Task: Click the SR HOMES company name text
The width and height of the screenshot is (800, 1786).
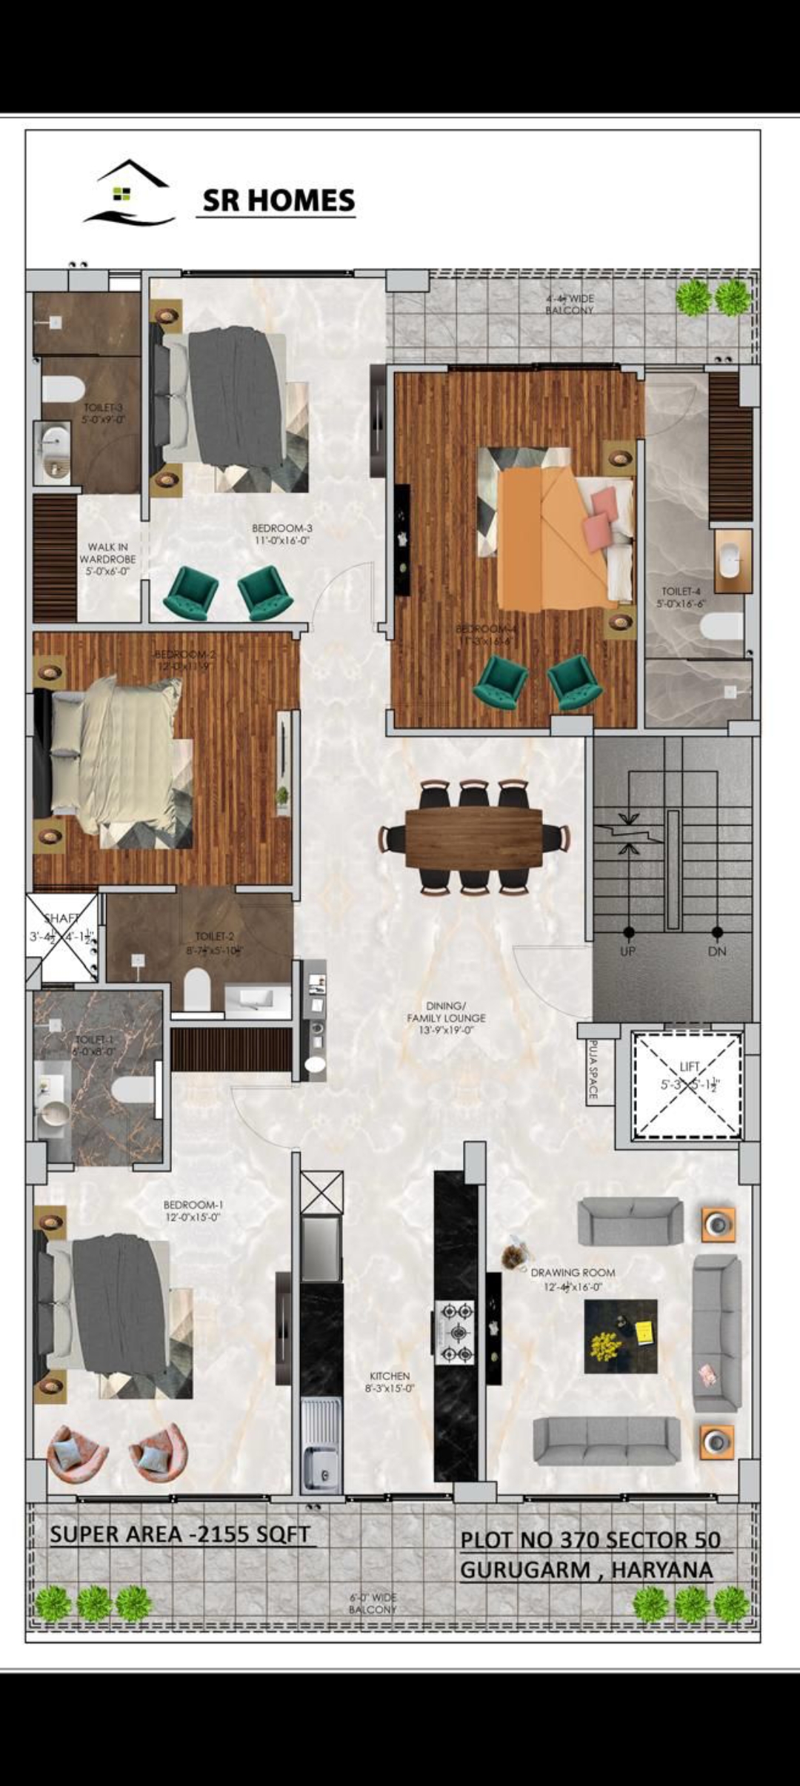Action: (279, 201)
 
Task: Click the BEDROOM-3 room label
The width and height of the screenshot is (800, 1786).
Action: (281, 534)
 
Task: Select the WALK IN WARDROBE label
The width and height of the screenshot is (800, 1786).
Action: (107, 559)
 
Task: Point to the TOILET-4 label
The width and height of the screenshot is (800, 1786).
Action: (681, 597)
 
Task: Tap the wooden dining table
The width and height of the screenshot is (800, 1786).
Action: (473, 838)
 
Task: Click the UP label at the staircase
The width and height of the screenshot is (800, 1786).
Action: (627, 951)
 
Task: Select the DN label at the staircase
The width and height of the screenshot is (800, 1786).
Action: (716, 951)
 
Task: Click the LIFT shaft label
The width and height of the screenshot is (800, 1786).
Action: (690, 1067)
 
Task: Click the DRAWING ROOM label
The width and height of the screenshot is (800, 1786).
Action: (573, 1273)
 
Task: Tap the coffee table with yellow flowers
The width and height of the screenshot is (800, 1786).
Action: (620, 1337)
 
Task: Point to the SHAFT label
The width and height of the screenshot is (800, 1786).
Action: (62, 919)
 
